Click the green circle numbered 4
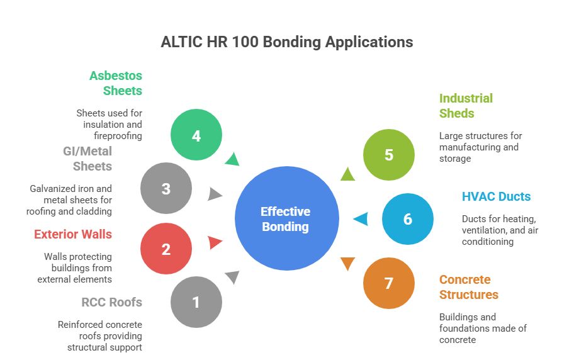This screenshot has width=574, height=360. [196, 135]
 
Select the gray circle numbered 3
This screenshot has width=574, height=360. [166, 188]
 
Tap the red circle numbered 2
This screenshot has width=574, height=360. [166, 249]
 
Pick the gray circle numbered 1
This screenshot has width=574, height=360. [196, 302]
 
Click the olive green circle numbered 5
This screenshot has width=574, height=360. [389, 154]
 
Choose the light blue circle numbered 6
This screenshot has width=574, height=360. [408, 218]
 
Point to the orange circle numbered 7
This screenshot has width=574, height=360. [389, 283]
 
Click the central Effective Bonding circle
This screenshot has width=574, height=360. [286, 218]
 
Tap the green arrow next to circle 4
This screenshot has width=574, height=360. [232, 159]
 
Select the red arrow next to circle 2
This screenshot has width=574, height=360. [215, 242]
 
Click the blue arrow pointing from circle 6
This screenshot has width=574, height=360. [360, 219]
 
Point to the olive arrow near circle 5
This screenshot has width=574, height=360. [347, 173]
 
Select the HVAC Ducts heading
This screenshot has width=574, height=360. [497, 196]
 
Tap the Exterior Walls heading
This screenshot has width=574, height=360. [73, 234]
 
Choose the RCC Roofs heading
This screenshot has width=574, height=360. [111, 302]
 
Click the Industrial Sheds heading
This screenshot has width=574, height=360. [466, 106]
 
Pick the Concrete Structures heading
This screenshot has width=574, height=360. [468, 287]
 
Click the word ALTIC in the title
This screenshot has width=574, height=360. [181, 42]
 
